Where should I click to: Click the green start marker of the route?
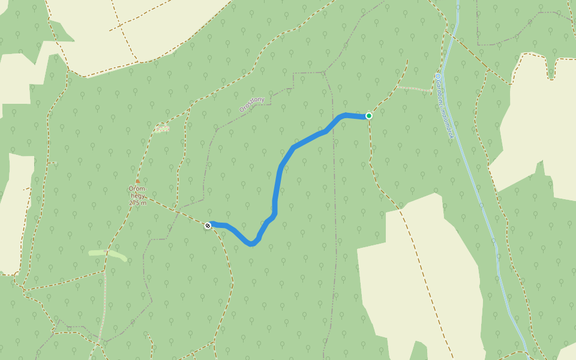[369, 116]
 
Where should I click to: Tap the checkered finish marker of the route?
[208, 226]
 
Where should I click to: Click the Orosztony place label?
[252, 104]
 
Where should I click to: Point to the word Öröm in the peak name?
[137, 189]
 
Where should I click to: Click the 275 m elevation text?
[137, 203]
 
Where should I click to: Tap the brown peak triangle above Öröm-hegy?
[137, 181]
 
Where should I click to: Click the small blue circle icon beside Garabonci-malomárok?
[438, 76]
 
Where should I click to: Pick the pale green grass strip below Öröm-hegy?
[108, 253]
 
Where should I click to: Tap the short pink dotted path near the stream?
[414, 89]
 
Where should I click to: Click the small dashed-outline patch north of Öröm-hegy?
[162, 128]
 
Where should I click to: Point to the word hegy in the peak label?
[137, 196]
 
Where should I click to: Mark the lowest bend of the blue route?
[251, 244]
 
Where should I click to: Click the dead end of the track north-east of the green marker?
[408, 59]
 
